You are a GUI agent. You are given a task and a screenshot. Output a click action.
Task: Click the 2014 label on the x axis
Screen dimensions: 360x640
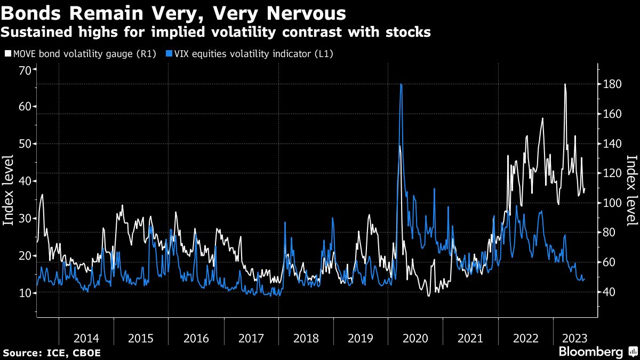point(86,338)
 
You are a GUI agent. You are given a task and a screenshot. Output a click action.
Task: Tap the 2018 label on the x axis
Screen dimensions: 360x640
point(306,338)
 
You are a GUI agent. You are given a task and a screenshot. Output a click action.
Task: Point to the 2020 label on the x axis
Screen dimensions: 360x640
point(416,338)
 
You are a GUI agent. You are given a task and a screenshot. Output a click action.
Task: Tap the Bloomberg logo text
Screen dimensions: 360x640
point(591,352)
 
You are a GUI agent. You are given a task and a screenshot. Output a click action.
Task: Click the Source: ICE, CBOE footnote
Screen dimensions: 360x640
point(52,353)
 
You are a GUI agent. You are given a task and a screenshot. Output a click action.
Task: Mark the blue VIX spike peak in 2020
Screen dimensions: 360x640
point(401,84)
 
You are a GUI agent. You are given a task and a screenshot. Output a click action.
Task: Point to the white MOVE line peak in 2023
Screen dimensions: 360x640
point(565,84)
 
